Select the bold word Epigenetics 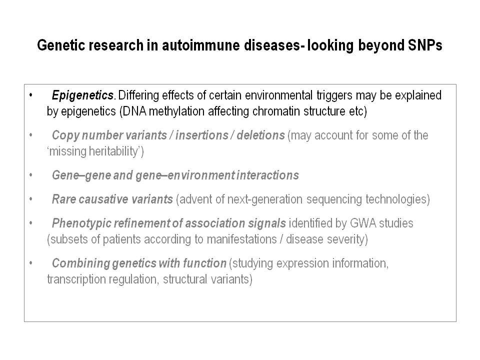[x=82, y=95]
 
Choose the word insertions [x=201, y=135]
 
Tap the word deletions [x=260, y=135]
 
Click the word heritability [x=113, y=151]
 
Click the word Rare [x=64, y=199]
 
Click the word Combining [x=80, y=263]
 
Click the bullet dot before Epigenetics [x=30, y=95]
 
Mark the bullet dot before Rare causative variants [x=30, y=199]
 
